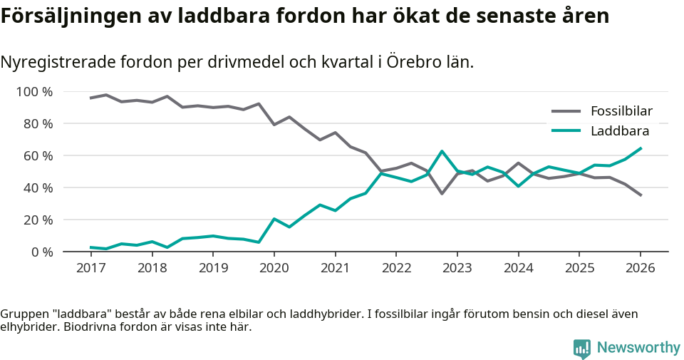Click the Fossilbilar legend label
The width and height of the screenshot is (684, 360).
pos(621,111)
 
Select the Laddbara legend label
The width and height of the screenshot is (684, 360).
pos(619,130)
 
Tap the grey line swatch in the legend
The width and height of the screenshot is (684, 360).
pos(566,111)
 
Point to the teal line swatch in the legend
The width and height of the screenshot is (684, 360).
pos(566,130)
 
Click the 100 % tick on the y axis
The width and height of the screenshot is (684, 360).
pos(35,92)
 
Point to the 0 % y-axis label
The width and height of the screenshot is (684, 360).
pos(41,252)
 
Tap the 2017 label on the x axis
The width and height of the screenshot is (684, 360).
pos(90,268)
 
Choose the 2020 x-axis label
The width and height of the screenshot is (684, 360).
pos(274,268)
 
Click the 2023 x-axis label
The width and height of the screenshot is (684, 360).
pos(457,268)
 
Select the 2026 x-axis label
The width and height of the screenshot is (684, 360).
pos(640,268)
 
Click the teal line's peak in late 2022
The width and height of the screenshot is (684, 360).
pos(442,151)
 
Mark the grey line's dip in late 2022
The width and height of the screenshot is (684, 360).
pos(442,193)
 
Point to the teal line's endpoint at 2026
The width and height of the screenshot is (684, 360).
pos(641,148)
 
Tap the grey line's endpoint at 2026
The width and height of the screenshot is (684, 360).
pos(641,195)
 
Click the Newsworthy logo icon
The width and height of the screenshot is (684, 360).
pos(581,348)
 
